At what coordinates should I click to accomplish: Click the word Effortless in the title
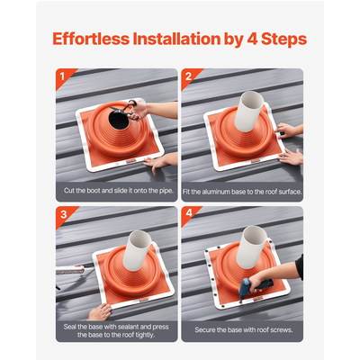(x=91, y=39)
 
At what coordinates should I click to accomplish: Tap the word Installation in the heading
(x=176, y=39)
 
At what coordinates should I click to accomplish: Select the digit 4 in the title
(x=252, y=39)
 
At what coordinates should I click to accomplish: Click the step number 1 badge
(x=62, y=76)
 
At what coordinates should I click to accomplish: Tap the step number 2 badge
(x=188, y=76)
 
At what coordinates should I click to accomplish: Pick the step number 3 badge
(x=63, y=214)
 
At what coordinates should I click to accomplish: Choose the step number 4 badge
(x=189, y=213)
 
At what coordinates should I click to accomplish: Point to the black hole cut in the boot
(x=118, y=120)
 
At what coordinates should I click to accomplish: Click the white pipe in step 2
(x=248, y=111)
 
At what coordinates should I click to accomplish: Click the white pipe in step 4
(x=251, y=247)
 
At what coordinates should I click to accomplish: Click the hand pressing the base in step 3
(x=99, y=312)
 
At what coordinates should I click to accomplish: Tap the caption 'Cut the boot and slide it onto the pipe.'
(x=119, y=191)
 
